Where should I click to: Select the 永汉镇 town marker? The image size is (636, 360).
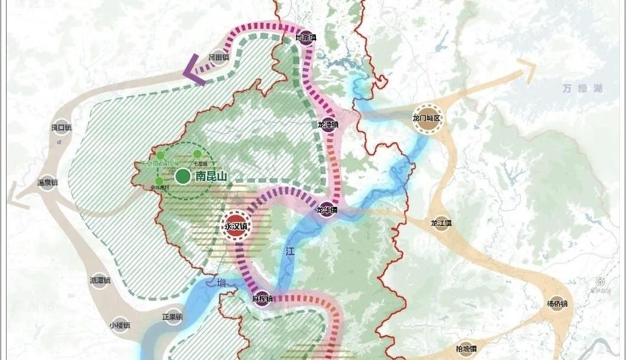(236, 226)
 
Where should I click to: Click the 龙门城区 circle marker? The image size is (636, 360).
(427, 118)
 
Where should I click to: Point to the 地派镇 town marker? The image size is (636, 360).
(306, 37)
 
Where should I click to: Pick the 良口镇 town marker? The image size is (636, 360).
(61, 127)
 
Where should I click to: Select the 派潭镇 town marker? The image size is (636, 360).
(100, 280)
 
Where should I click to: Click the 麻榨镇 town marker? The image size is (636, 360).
(262, 298)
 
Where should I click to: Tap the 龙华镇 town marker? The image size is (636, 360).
(327, 210)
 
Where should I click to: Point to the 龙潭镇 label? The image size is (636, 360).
(328, 125)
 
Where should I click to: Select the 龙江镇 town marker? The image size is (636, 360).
(441, 223)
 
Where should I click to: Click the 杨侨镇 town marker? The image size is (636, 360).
(556, 303)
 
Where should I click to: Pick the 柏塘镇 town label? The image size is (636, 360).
(465, 349)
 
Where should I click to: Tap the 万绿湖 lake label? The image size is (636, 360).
(582, 89)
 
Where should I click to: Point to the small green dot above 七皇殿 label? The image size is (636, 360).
(197, 154)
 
